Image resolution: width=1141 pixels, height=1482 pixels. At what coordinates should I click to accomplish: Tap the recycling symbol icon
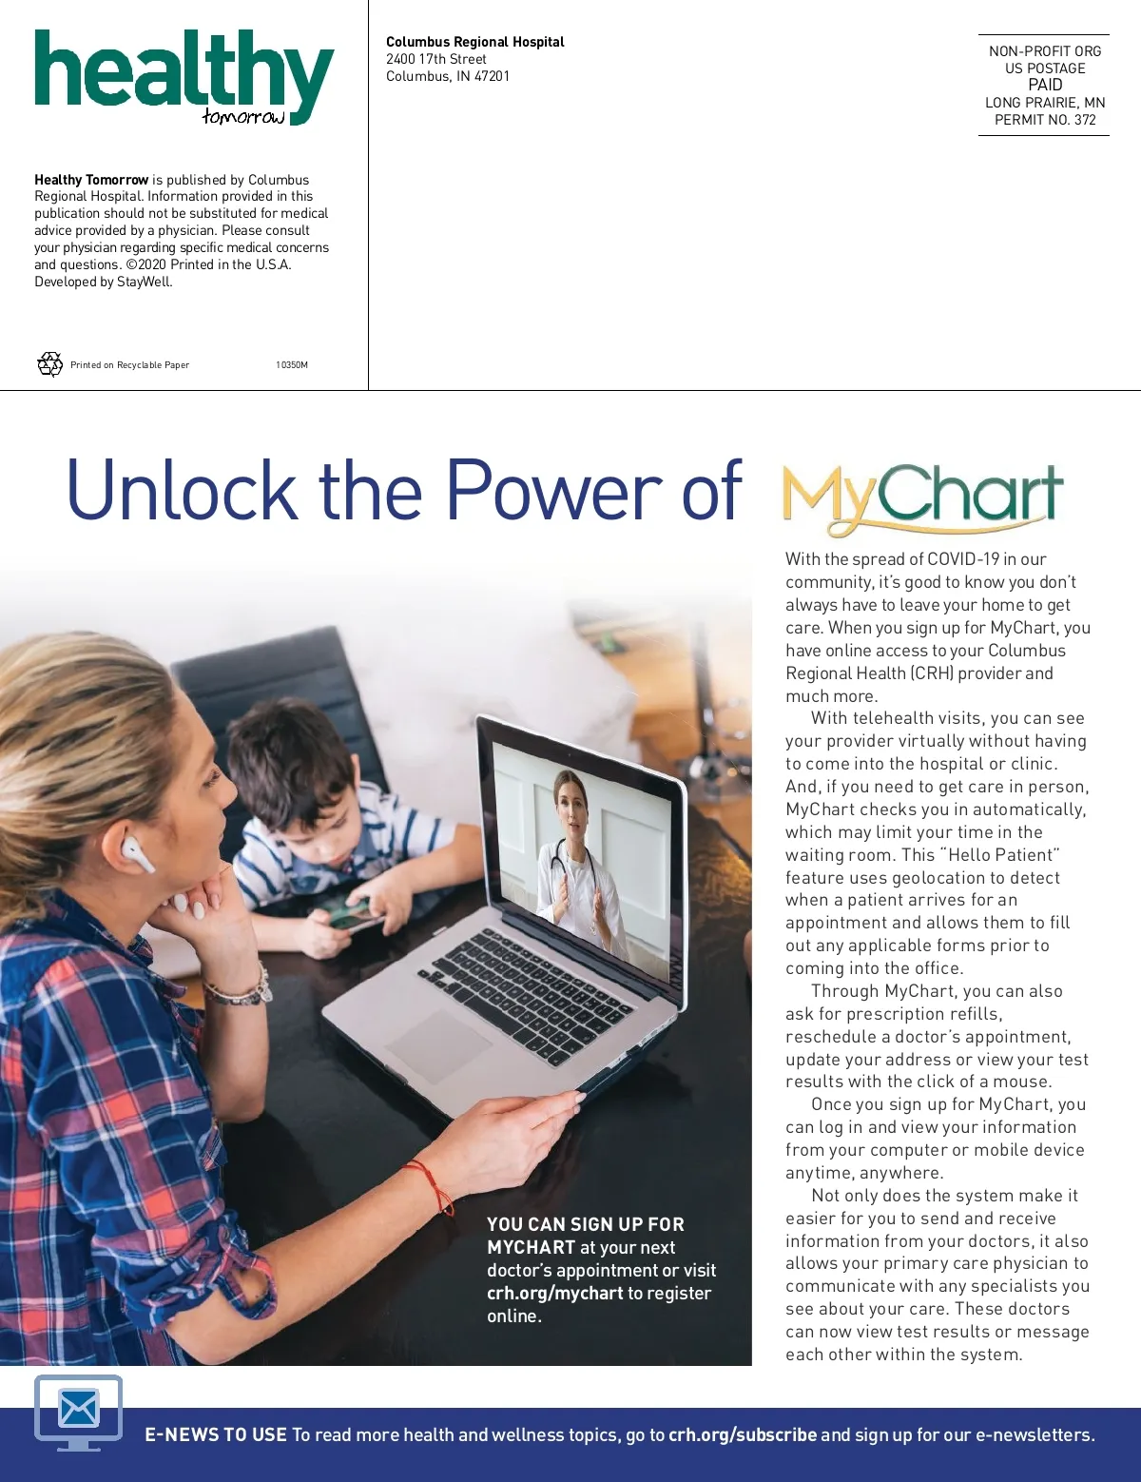49,364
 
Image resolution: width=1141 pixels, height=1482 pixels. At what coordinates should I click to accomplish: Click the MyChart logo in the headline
921,496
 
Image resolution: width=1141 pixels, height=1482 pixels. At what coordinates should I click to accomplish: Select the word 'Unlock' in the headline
182,491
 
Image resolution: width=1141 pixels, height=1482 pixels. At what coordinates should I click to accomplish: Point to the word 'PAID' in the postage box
1045,85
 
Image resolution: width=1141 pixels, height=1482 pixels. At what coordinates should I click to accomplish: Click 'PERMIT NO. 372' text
1045,120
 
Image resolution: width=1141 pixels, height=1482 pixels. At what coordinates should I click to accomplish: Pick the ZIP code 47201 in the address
492,76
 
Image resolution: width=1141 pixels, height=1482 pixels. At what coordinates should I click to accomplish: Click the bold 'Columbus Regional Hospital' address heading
474,42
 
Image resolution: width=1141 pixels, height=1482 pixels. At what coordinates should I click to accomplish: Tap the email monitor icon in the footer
79,1411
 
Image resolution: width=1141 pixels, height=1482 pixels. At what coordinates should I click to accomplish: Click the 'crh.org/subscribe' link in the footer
743,1434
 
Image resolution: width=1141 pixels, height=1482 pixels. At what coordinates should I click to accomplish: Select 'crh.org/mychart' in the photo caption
555,1293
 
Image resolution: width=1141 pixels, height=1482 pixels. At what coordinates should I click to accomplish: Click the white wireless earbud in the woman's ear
137,853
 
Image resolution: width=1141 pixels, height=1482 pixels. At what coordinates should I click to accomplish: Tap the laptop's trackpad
438,1046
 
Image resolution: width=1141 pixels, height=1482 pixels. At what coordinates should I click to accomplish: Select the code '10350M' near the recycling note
292,365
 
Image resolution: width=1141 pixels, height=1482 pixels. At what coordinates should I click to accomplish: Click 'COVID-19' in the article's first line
963,559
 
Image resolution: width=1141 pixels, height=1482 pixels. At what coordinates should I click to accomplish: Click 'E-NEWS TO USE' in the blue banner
216,1434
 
